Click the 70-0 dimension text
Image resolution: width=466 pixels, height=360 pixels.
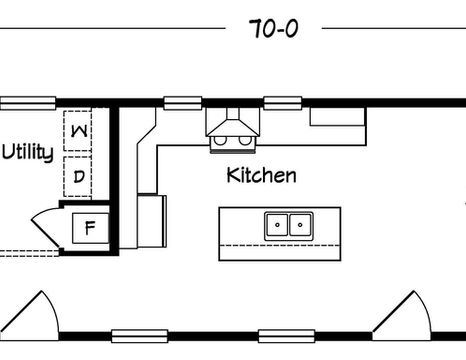(273, 28)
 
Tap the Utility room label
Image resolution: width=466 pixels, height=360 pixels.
(28, 153)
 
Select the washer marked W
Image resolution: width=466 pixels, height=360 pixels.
(78, 131)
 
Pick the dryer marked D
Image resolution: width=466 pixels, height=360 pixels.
(78, 176)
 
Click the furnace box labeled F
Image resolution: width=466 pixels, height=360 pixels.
(90, 228)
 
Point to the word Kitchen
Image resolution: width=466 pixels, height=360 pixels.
(261, 175)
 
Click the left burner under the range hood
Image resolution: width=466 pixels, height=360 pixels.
(220, 140)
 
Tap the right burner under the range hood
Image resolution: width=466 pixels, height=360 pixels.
(245, 140)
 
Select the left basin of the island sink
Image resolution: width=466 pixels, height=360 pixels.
(277, 225)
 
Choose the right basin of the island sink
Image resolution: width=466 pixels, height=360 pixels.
(300, 225)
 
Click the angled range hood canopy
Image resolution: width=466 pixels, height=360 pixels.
(233, 128)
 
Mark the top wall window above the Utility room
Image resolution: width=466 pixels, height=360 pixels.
(28, 103)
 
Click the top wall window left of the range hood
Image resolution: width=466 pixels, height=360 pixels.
(183, 103)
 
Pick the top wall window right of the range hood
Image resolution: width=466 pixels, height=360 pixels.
(283, 103)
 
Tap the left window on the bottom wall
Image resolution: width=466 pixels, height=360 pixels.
(140, 336)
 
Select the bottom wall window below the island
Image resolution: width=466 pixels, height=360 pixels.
(287, 336)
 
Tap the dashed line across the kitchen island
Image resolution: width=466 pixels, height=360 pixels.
(280, 246)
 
